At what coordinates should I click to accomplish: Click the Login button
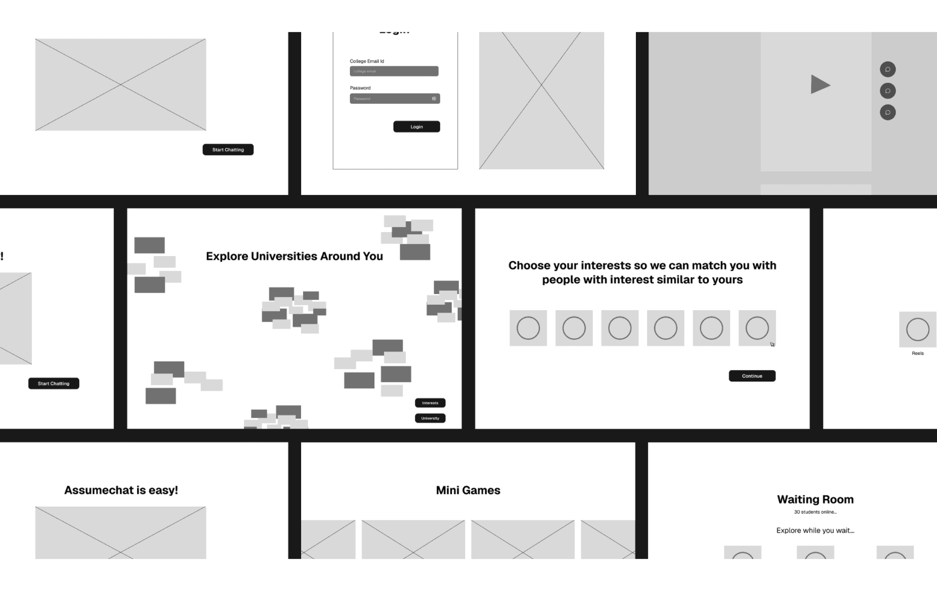click(416, 127)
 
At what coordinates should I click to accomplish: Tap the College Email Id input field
click(394, 71)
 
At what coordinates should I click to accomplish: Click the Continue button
click(752, 376)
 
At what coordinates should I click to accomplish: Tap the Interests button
click(430, 403)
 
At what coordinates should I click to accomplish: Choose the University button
click(430, 418)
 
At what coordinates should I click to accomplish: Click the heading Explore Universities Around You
click(294, 256)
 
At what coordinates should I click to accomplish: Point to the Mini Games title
click(468, 490)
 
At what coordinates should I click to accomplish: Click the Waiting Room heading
click(815, 499)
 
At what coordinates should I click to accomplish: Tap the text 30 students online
click(815, 512)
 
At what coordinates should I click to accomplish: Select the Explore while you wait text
click(815, 531)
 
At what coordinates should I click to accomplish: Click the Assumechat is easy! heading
click(121, 490)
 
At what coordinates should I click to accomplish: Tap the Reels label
click(917, 353)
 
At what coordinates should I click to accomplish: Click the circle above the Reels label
click(917, 329)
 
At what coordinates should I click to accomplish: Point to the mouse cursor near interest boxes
click(773, 344)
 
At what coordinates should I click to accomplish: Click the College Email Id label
click(367, 61)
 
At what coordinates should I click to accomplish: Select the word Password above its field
click(360, 88)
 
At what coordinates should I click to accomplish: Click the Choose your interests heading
click(642, 272)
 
